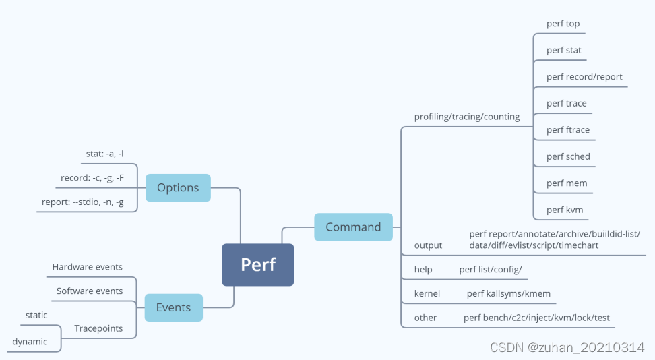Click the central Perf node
(258, 264)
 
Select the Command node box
(353, 227)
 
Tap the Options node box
(177, 187)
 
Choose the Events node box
(173, 307)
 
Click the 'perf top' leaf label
(563, 24)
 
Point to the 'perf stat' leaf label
(563, 50)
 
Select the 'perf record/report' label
(584, 77)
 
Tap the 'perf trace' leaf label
(566, 103)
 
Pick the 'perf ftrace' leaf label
(567, 129)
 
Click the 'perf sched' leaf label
(568, 156)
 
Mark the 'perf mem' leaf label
(566, 183)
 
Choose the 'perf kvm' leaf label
(565, 210)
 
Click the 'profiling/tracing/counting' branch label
(466, 117)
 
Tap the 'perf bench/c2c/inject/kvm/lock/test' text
(536, 318)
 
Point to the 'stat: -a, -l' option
(104, 154)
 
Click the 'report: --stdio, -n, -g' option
(82, 202)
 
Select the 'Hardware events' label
(88, 267)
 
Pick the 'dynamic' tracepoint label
(30, 342)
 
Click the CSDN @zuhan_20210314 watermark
(567, 347)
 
